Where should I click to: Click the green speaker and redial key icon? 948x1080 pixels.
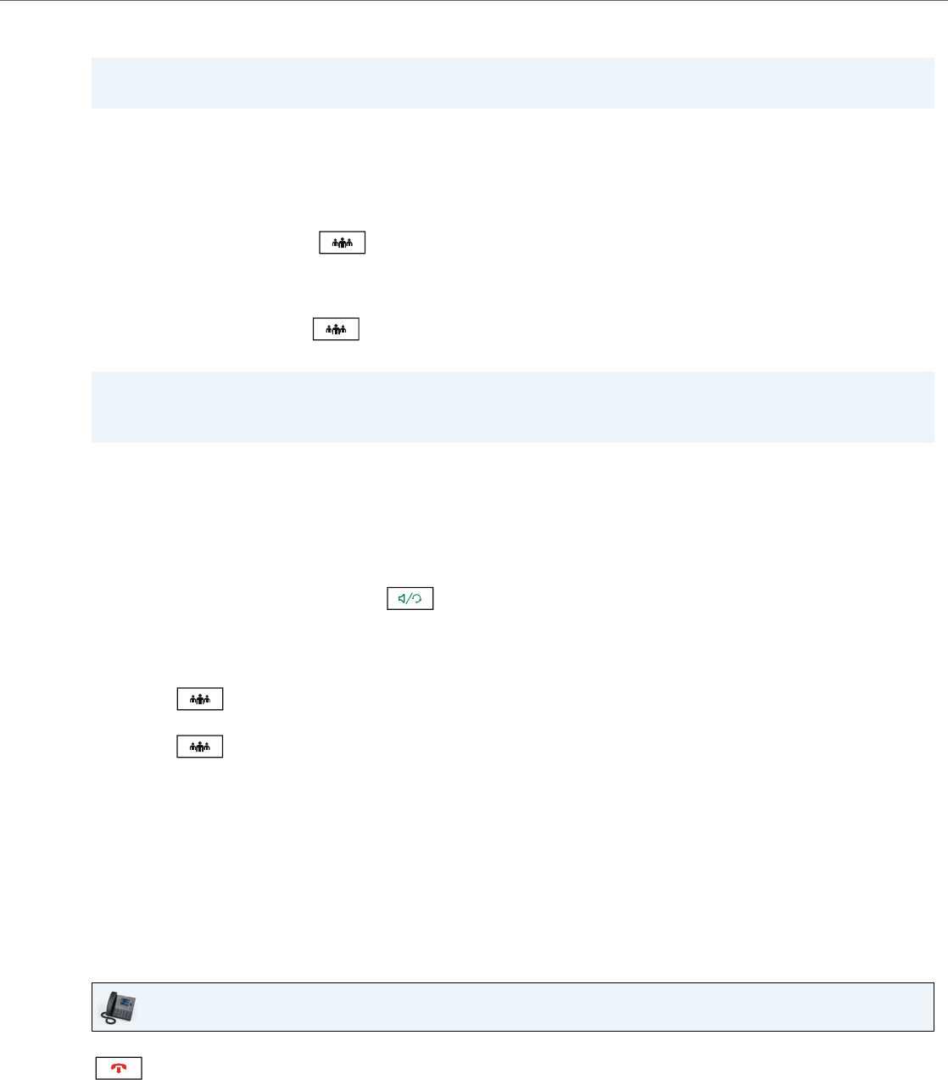410,598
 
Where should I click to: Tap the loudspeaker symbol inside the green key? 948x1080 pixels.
403,598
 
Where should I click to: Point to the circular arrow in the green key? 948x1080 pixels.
417,599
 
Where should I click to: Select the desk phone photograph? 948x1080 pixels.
119,1007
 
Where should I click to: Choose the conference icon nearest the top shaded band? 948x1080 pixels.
342,243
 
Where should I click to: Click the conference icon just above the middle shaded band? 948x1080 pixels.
336,328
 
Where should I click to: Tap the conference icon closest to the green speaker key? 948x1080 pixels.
199,699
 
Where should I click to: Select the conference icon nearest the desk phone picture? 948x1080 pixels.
199,747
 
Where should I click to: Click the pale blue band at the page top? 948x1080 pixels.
512,83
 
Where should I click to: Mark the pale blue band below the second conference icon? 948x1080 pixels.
512,407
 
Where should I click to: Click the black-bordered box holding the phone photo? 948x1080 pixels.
512,1007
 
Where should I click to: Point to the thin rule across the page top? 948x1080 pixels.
474,1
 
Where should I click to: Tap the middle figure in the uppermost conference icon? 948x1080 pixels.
342,243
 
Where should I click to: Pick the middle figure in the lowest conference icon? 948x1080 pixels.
199,747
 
